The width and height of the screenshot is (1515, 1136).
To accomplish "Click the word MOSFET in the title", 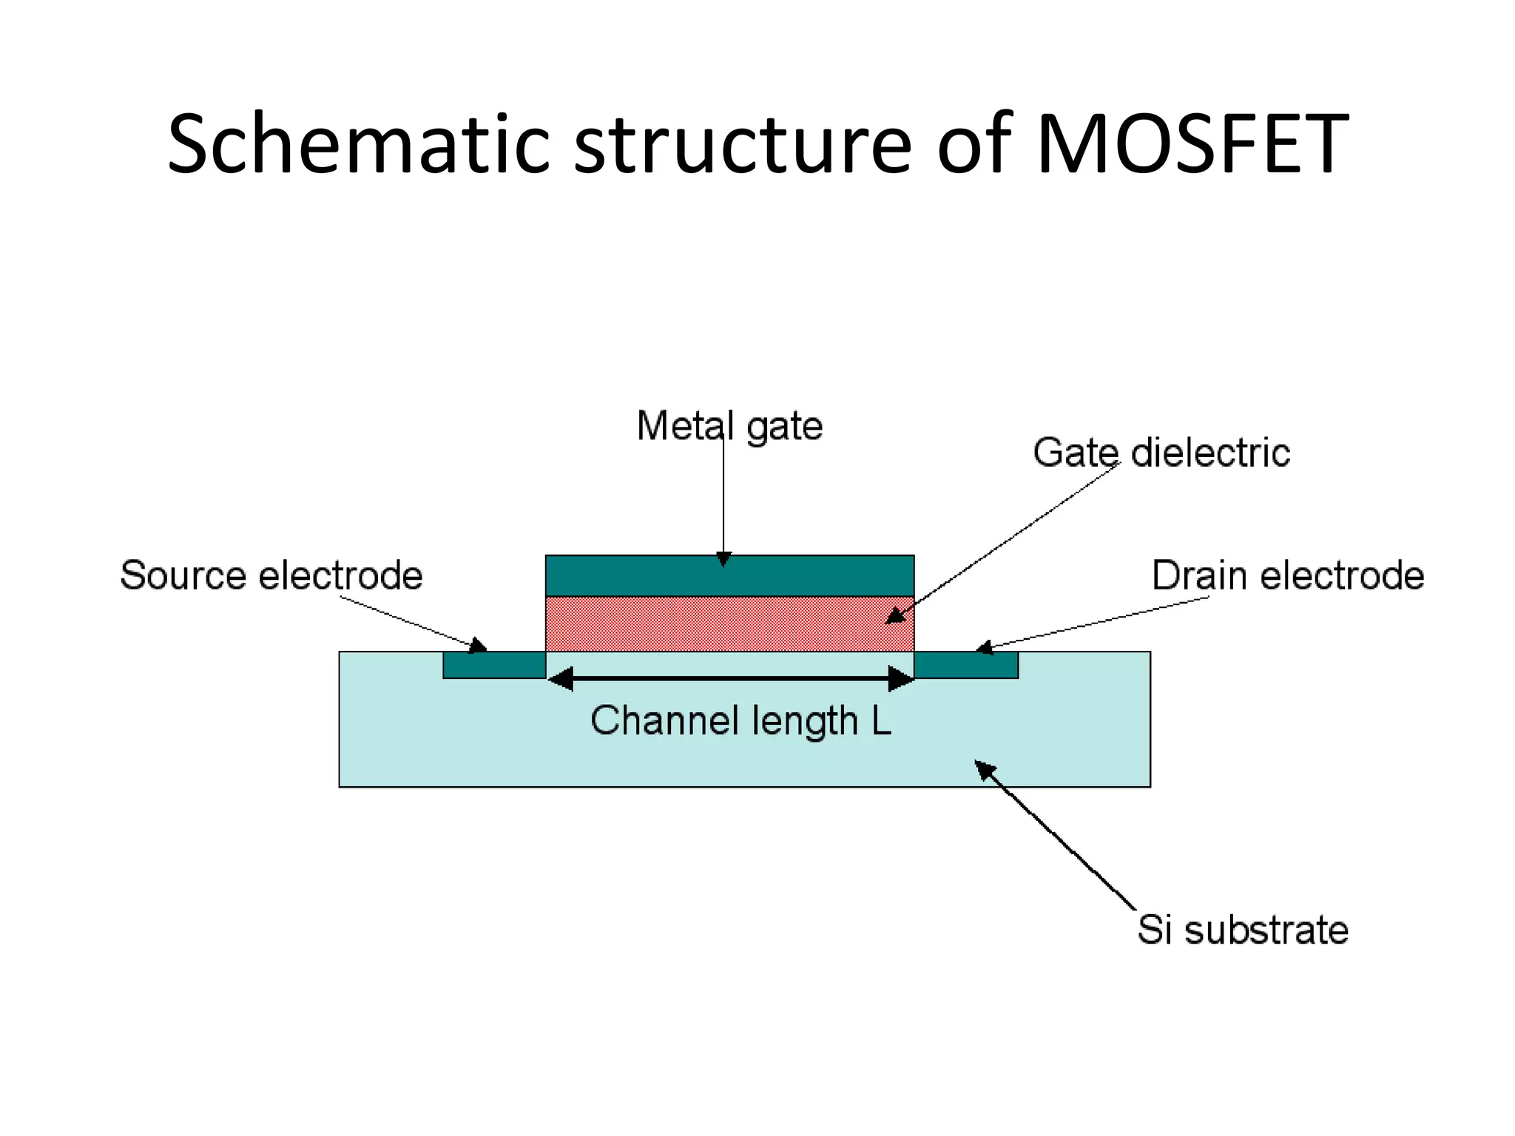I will (1192, 143).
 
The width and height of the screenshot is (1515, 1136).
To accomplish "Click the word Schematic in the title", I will (358, 143).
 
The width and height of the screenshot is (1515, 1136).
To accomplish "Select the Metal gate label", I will (729, 427).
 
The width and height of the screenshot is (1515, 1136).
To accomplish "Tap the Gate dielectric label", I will (1161, 453).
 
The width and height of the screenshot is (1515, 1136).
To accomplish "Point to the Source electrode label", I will (271, 575).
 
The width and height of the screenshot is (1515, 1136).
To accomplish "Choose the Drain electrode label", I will (1288, 575).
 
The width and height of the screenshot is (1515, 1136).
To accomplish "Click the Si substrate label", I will (1243, 930).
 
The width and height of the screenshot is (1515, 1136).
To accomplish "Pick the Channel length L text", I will (740, 720).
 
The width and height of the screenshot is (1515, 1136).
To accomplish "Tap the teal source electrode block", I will (494, 665).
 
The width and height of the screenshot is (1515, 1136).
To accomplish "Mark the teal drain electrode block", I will (966, 665).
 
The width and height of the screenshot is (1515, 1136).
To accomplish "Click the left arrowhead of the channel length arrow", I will (561, 678).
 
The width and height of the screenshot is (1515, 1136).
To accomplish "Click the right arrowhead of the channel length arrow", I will (900, 678).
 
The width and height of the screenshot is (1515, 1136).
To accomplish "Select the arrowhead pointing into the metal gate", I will (724, 559).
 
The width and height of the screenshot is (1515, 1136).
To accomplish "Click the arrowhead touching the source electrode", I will (479, 645).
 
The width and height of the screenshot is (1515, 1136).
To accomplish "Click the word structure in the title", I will (743, 143).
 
